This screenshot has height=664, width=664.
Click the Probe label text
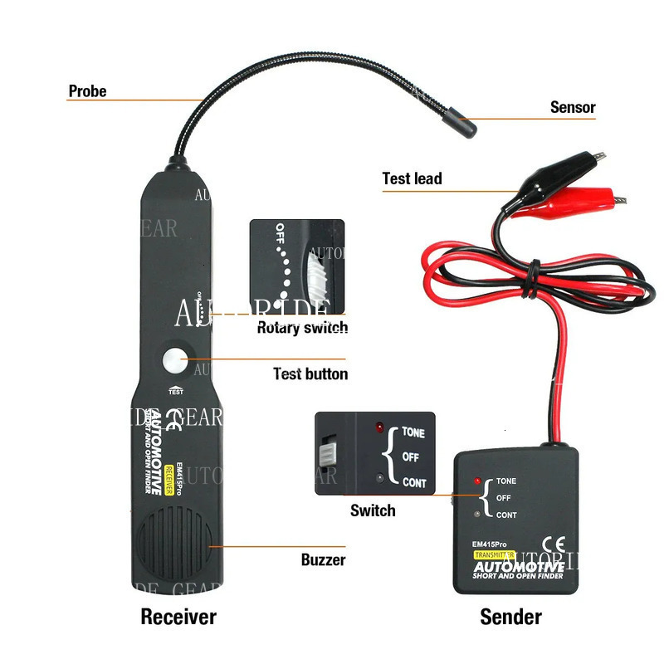[87, 91]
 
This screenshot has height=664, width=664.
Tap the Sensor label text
[573, 107]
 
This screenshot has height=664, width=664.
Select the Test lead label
[412, 178]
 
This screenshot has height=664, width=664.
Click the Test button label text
[310, 374]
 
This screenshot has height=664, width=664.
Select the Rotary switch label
[302, 328]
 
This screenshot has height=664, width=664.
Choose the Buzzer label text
[323, 560]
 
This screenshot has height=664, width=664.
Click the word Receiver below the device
[178, 617]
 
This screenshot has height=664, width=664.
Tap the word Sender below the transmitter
[510, 617]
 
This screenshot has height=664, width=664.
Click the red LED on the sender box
[478, 481]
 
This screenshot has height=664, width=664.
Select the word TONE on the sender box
[506, 481]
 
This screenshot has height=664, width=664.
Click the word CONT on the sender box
[506, 515]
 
